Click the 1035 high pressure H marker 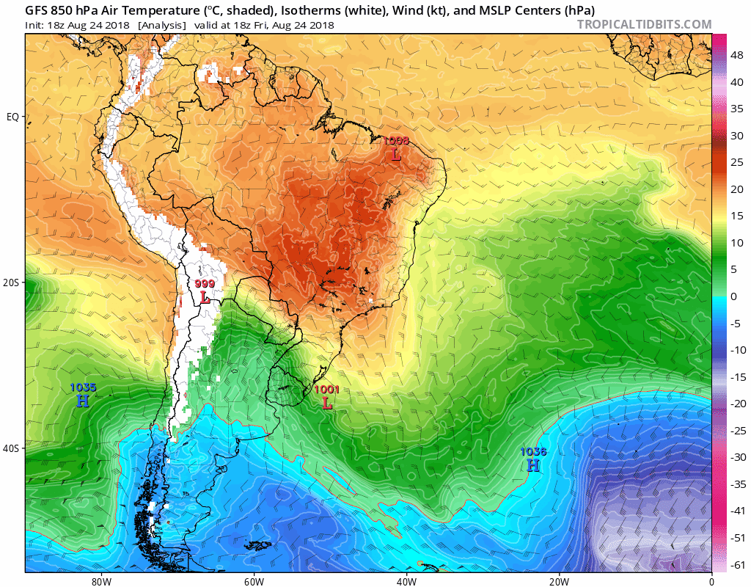point(82,401)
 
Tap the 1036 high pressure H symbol point(533,465)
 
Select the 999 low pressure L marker point(205,299)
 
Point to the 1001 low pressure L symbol point(327,403)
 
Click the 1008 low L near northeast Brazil point(396,155)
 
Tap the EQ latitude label point(12,117)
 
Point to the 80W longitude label point(101,580)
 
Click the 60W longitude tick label point(254,580)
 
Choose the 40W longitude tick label point(406,580)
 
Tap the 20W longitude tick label point(559,580)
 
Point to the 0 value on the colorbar point(733,296)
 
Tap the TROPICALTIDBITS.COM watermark point(644,24)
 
